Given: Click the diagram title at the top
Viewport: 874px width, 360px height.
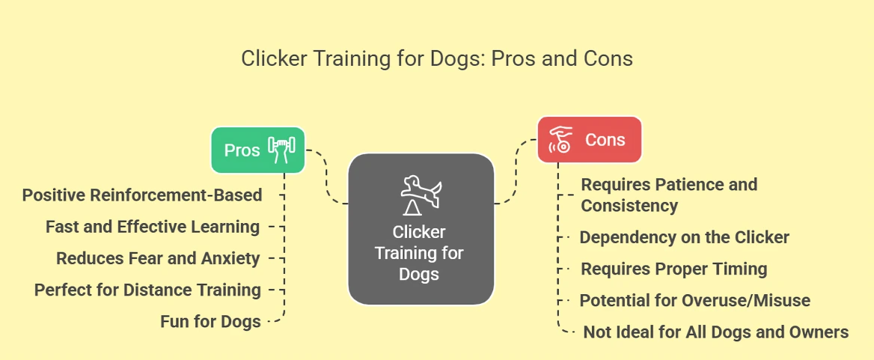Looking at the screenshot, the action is click(436, 58).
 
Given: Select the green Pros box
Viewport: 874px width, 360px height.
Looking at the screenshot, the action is click(258, 150).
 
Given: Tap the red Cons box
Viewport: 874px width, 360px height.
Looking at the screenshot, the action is click(590, 140).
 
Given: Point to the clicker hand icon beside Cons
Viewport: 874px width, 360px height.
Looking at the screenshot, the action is click(561, 139).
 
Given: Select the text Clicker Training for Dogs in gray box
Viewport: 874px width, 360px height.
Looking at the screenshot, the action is click(418, 253).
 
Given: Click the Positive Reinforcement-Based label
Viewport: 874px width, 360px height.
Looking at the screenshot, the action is click(142, 195).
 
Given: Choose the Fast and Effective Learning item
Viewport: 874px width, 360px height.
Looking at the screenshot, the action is click(153, 227).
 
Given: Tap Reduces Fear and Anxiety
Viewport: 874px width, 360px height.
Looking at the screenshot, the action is click(159, 258).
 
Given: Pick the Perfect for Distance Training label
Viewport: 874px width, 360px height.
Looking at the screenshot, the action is click(147, 290).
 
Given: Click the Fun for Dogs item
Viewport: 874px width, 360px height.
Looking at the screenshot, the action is click(211, 322).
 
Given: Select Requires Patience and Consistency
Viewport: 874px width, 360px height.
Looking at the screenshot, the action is click(669, 195).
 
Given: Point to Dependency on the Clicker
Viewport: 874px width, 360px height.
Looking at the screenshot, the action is click(685, 237).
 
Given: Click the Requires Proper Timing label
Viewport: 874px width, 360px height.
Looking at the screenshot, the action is click(674, 269).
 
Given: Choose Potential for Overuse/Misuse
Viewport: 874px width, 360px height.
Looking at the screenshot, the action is click(695, 301).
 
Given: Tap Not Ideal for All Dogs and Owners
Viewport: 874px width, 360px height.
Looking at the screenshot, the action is click(715, 333).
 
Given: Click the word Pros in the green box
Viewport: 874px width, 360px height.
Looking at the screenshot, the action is click(242, 150).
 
